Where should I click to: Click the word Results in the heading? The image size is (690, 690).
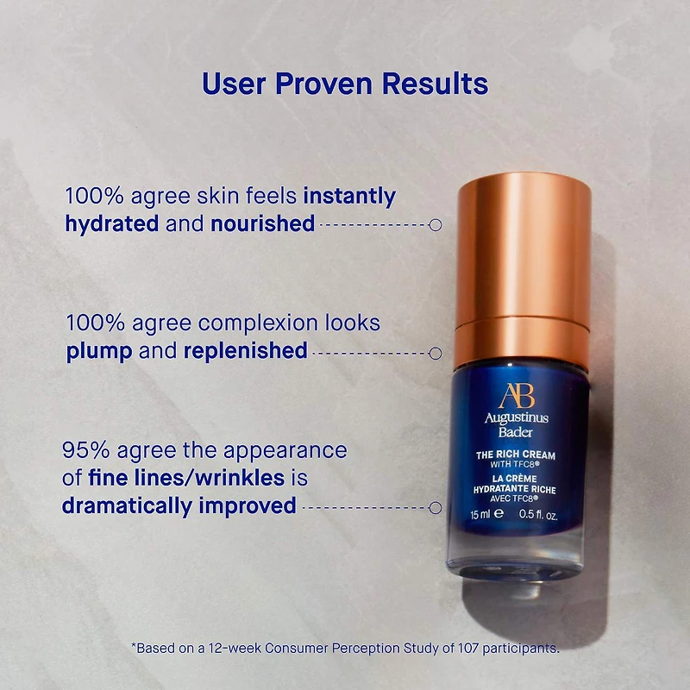(x=436, y=84)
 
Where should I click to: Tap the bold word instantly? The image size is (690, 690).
(x=350, y=197)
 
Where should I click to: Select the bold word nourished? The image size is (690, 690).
(x=263, y=223)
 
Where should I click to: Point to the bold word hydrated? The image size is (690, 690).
(x=112, y=223)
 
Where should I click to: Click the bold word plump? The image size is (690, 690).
(x=99, y=352)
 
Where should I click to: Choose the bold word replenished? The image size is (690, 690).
(x=246, y=351)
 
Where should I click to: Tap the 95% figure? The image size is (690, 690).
(x=85, y=450)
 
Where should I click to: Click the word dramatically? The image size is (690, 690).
(x=127, y=506)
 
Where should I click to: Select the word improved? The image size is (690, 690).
(x=248, y=506)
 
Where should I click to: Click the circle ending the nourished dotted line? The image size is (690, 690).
(x=436, y=225)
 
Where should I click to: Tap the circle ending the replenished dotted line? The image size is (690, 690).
(x=436, y=354)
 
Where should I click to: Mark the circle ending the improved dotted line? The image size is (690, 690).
(x=436, y=508)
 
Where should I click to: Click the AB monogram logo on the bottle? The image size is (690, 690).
(x=517, y=396)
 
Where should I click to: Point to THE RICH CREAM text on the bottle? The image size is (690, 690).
(x=516, y=455)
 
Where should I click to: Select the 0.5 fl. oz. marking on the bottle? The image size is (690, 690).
(x=538, y=514)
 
